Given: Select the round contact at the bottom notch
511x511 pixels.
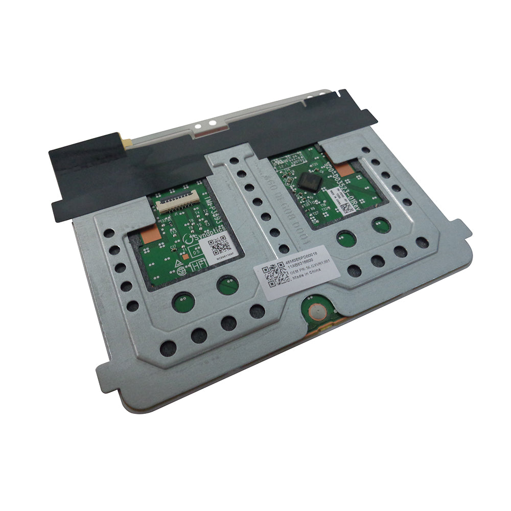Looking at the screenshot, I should click(x=315, y=310).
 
